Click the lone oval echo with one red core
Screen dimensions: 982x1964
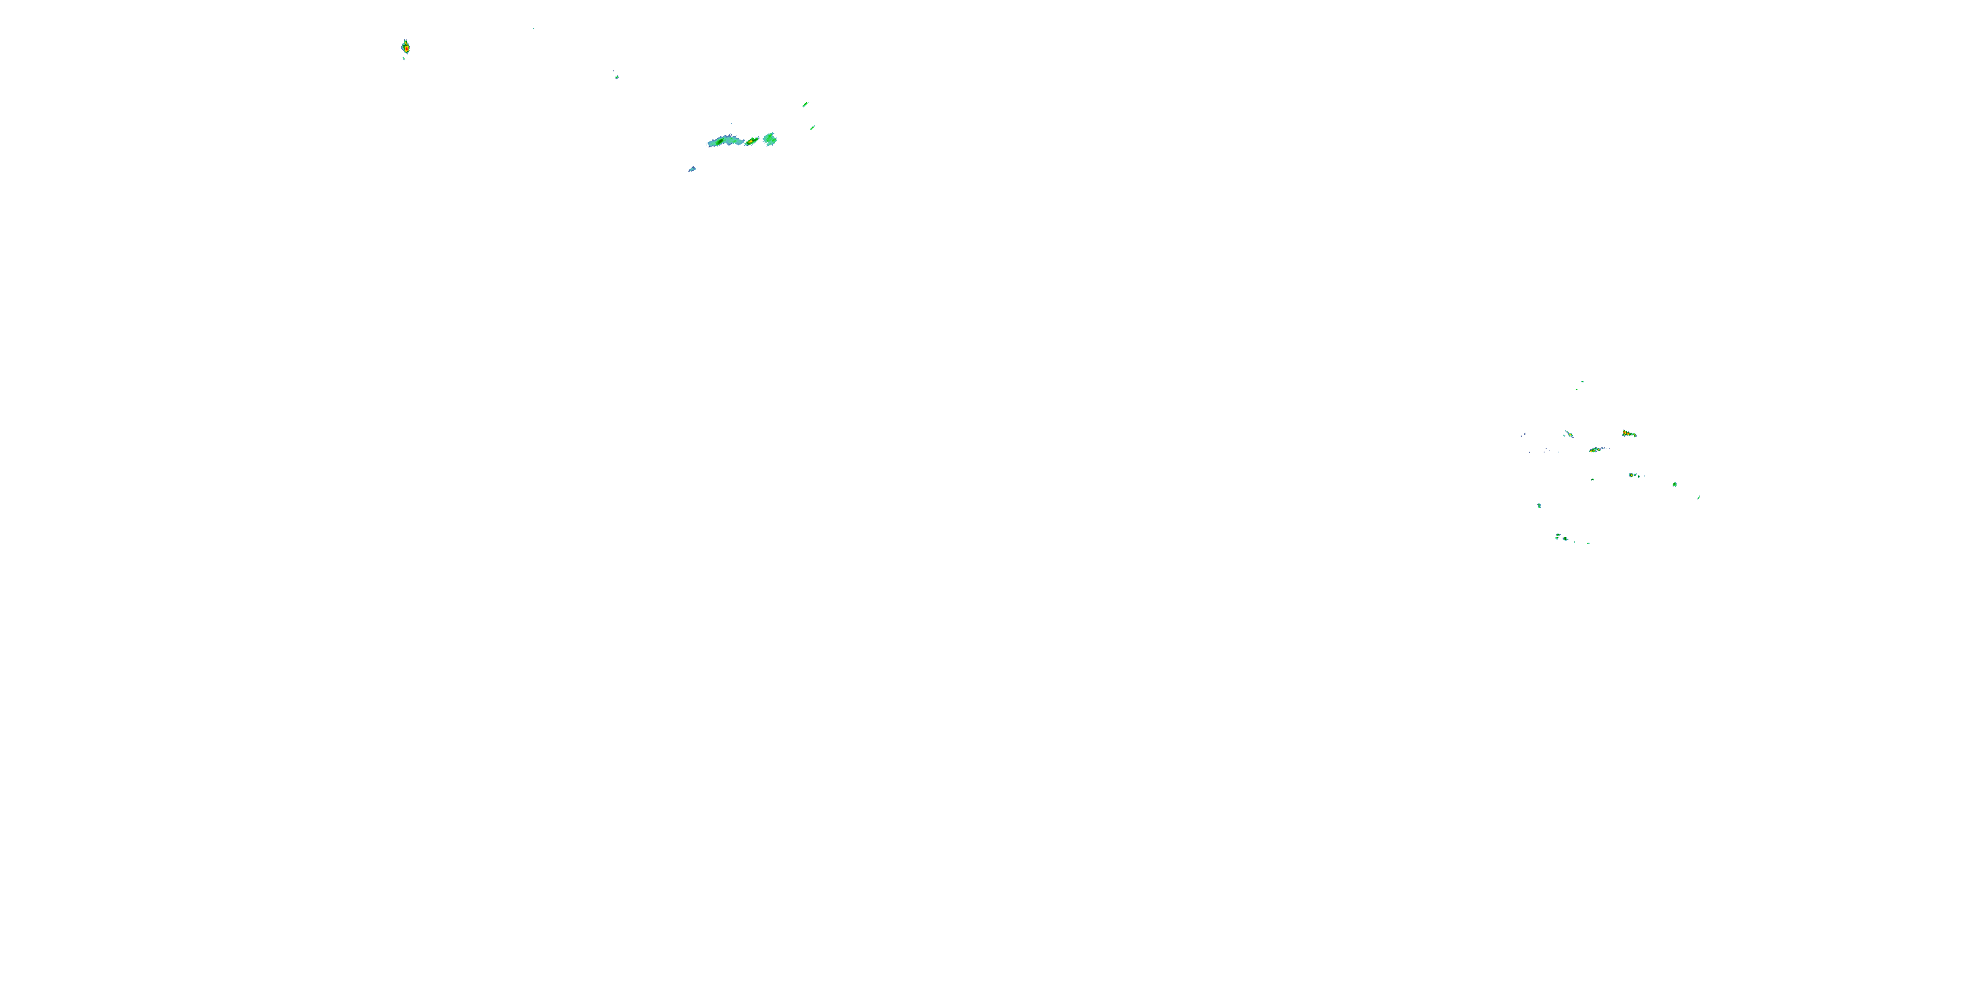(406, 47)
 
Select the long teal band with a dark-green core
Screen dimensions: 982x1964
(724, 141)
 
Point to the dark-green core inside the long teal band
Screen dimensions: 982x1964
(719, 140)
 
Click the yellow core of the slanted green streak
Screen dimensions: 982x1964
(752, 141)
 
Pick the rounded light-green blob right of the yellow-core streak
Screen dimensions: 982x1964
(770, 139)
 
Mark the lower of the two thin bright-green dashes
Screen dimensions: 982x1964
(812, 127)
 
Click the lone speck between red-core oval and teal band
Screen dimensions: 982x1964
(617, 76)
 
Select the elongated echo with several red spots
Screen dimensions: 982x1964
(1629, 434)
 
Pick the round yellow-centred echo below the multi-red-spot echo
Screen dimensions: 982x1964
(1632, 475)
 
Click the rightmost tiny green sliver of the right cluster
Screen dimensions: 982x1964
(1699, 497)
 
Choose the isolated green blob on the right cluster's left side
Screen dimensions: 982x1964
(1539, 505)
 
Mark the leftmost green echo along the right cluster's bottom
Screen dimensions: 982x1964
(1557, 537)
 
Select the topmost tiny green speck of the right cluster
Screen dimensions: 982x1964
(1582, 381)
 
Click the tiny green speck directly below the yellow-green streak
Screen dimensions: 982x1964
(1592, 480)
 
